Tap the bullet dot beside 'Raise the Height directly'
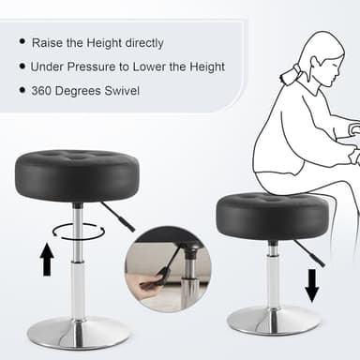point(21,42)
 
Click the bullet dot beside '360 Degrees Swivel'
point(21,91)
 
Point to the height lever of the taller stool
point(120,218)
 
